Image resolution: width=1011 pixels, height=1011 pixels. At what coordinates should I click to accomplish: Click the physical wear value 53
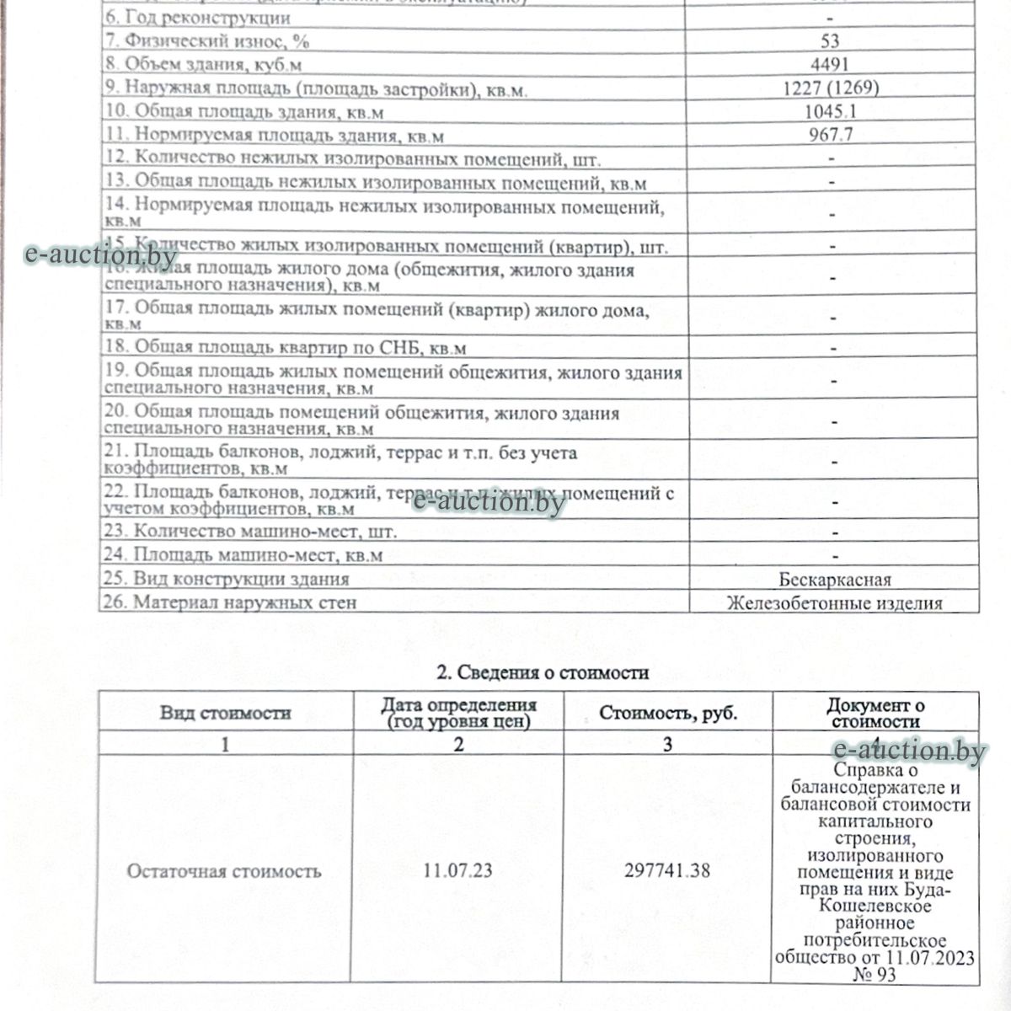(829, 40)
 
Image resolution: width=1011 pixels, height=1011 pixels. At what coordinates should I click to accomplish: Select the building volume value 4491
(830, 64)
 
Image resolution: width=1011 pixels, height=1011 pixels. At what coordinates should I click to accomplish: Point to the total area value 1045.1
(830, 111)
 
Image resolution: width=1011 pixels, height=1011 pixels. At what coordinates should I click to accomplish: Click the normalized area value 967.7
(830, 134)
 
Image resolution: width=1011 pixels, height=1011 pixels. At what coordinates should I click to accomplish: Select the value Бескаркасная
(834, 580)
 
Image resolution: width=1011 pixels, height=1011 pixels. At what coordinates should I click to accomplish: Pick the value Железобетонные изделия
(834, 602)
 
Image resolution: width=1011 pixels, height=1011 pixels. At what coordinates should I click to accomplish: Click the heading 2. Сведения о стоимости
(542, 672)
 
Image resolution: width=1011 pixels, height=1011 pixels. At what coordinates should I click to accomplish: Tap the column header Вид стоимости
(226, 713)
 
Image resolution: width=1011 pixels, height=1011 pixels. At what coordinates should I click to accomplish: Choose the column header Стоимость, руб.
(668, 713)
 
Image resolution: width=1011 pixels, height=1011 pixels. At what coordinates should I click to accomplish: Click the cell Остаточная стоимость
(224, 870)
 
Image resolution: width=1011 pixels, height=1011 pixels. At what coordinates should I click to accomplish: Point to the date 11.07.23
(458, 870)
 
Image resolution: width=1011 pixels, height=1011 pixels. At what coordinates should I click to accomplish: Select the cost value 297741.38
(667, 870)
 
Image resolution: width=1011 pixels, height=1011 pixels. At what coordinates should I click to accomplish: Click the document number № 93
(875, 975)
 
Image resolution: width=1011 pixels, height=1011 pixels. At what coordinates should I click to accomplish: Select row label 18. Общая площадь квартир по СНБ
(285, 347)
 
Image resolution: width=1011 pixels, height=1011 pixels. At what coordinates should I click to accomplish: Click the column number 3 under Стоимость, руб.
(668, 744)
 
